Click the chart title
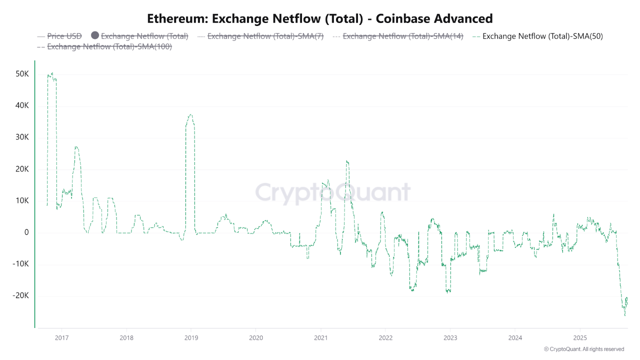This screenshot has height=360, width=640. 320,18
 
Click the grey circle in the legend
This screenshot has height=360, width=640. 95,35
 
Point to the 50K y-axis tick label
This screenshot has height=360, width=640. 22,74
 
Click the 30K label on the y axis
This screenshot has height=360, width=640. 22,137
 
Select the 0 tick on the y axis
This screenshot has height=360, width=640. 26,232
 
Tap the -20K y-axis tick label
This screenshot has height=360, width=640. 20,295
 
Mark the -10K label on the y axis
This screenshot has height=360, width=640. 20,264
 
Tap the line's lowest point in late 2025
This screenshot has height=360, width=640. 624,315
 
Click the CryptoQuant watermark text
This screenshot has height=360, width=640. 332,192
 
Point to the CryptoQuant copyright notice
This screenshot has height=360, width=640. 583,349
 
